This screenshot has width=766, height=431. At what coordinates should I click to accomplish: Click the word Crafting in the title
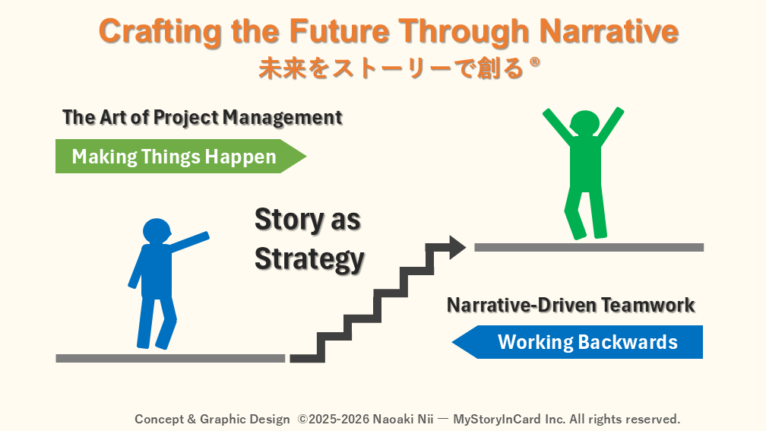pyautogui.click(x=160, y=32)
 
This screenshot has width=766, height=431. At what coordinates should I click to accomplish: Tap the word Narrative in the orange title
pyautogui.click(x=609, y=30)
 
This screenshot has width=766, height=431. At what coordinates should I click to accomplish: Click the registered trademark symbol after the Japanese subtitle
pyautogui.click(x=535, y=62)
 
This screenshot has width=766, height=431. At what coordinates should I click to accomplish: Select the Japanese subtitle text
pyautogui.click(x=391, y=68)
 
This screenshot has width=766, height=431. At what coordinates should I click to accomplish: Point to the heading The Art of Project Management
pyautogui.click(x=202, y=118)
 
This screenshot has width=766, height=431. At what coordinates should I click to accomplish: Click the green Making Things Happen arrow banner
pyautogui.click(x=181, y=157)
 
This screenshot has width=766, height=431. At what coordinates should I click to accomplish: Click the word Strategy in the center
pyautogui.click(x=310, y=259)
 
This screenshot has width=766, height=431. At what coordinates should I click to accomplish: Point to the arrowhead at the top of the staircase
pyautogui.click(x=457, y=247)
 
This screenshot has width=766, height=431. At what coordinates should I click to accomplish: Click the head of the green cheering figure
pyautogui.click(x=585, y=123)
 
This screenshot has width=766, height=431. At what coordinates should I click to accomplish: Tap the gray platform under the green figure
pyautogui.click(x=589, y=247)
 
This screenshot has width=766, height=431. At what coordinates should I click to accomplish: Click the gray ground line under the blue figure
pyautogui.click(x=170, y=358)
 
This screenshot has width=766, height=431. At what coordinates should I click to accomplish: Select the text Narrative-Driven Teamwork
pyautogui.click(x=571, y=305)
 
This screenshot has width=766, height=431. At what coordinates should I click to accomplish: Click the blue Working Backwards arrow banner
pyautogui.click(x=578, y=342)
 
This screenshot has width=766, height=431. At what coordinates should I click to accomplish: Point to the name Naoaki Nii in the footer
pyautogui.click(x=403, y=419)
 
